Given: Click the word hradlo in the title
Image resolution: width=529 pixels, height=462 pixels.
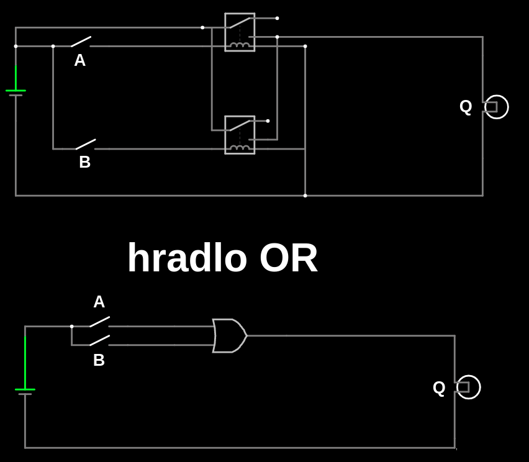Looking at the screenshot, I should (187, 258).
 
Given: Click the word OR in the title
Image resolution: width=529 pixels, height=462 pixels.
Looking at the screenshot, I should (289, 258).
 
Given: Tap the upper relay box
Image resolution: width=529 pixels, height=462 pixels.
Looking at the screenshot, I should (240, 32).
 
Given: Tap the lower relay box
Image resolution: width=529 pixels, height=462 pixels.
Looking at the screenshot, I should (240, 135).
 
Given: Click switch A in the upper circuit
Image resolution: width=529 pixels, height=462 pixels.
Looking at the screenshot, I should (81, 42).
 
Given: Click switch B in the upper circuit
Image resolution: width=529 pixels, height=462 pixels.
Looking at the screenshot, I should (86, 145).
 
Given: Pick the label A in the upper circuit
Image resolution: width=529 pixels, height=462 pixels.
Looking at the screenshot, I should (79, 60).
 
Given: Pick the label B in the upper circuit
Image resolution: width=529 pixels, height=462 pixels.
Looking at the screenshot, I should (85, 162).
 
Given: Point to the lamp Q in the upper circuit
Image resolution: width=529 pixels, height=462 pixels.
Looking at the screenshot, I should (495, 107).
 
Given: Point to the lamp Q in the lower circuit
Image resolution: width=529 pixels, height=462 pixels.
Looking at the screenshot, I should (468, 387).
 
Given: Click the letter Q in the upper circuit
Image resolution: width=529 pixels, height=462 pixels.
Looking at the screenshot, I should (466, 106).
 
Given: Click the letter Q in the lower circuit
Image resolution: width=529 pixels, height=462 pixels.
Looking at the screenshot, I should (439, 387).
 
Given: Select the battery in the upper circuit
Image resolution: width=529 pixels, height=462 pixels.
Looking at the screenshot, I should (16, 92).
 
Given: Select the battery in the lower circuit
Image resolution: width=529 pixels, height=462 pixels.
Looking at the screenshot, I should (25, 391).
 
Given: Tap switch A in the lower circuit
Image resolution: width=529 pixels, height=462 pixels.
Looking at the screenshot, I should (99, 322).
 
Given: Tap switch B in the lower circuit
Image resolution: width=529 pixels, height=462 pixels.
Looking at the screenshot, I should (99, 340).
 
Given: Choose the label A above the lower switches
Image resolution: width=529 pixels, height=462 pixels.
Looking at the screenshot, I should (99, 302).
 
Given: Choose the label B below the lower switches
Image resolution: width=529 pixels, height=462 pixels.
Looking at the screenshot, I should (99, 360).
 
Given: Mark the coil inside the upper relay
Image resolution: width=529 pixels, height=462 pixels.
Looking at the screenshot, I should (240, 44).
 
